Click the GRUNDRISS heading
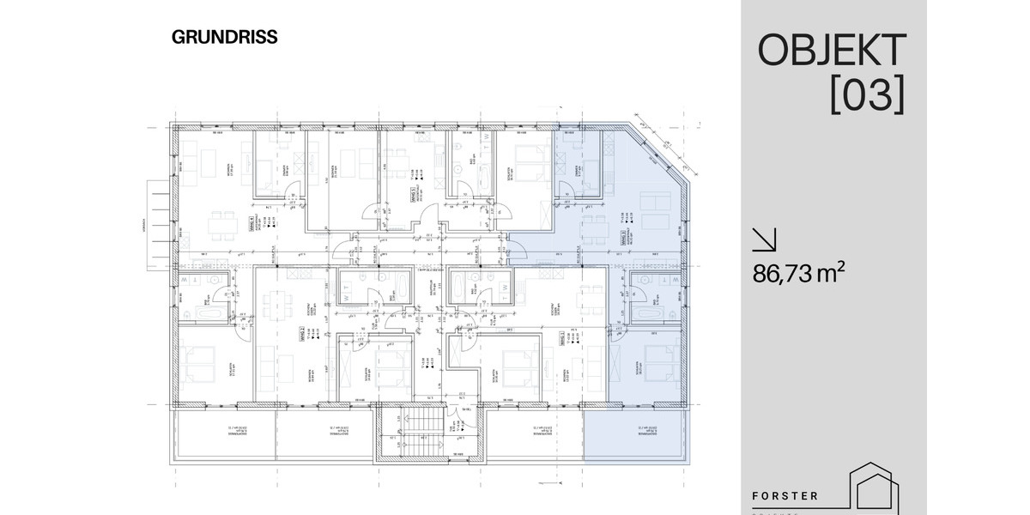click(224, 37)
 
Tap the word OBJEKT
click(831, 51)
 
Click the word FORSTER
click(785, 496)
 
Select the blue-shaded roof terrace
click(636, 436)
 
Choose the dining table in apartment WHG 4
click(219, 226)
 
